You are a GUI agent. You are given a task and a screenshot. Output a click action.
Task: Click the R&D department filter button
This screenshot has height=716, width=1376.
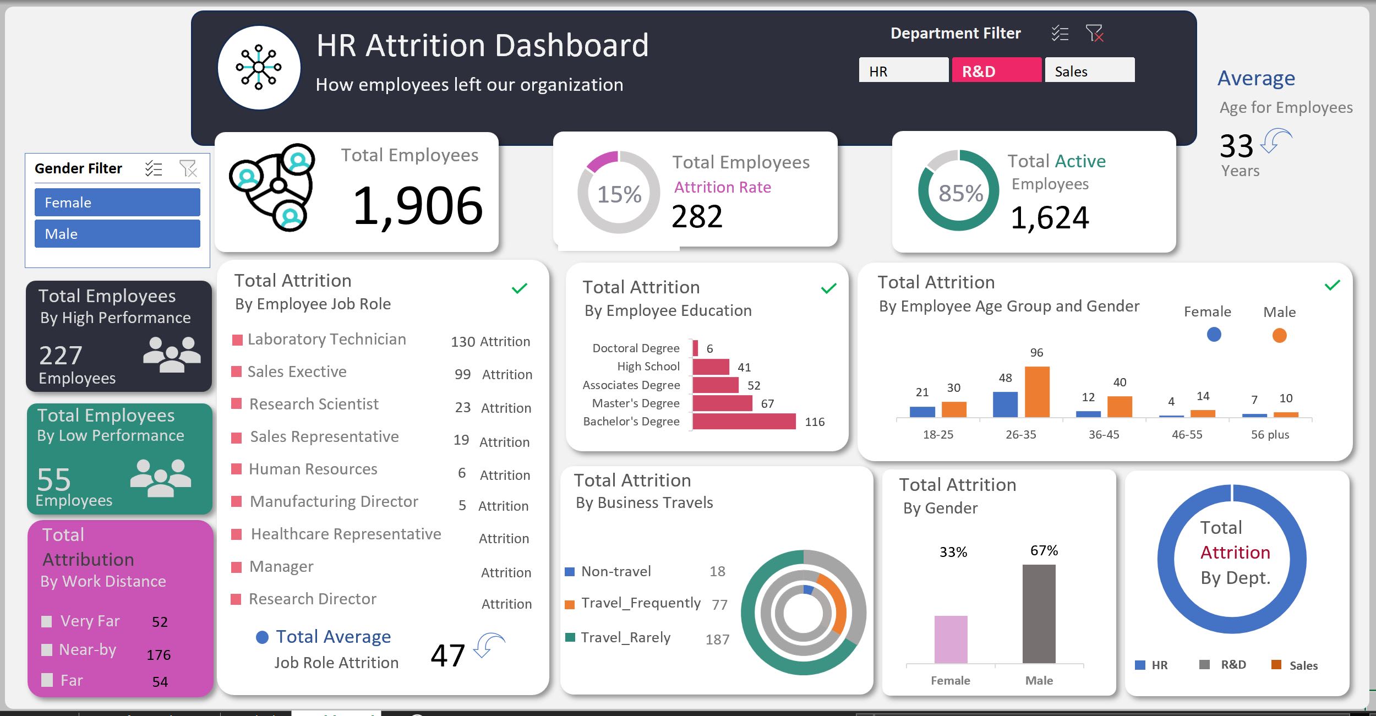(x=996, y=70)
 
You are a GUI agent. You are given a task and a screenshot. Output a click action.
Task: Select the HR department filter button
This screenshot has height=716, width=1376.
(x=903, y=70)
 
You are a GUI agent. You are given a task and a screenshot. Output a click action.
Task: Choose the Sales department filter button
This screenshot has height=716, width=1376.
(x=1089, y=70)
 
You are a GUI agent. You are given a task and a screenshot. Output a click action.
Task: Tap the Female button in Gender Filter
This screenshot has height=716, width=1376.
(x=117, y=203)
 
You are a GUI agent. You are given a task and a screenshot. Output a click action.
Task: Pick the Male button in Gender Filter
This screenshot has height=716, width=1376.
(x=117, y=234)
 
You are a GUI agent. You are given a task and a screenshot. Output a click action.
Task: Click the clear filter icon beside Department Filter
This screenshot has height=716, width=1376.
(x=1094, y=34)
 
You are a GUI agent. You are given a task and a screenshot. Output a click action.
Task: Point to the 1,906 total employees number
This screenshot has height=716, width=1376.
(x=417, y=206)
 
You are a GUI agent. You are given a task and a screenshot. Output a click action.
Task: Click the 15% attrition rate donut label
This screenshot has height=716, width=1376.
(x=619, y=194)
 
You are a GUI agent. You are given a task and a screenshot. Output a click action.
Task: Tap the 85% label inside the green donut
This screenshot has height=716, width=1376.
(x=960, y=193)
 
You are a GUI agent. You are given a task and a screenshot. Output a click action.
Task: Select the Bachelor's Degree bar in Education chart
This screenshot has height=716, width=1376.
(x=744, y=422)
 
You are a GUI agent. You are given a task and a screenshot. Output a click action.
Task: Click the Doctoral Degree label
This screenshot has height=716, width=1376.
(x=636, y=348)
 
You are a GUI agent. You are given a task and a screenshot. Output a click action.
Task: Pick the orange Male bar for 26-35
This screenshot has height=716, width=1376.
(x=1037, y=392)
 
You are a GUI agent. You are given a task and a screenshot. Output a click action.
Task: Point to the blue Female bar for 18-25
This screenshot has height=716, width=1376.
(x=922, y=412)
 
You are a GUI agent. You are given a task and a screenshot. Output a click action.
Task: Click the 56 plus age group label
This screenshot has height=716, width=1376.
(x=1270, y=435)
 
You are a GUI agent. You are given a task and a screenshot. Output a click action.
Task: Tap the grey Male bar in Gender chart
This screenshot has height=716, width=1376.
(x=1039, y=614)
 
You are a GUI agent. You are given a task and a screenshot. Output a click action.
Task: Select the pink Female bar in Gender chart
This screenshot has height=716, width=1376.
(x=951, y=640)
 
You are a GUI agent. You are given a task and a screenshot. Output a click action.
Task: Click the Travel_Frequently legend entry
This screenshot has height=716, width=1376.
(x=641, y=603)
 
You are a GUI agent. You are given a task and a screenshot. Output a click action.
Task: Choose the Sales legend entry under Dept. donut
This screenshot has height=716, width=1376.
(x=1303, y=665)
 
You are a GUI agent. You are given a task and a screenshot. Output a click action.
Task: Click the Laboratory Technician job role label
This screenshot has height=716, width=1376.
(x=326, y=340)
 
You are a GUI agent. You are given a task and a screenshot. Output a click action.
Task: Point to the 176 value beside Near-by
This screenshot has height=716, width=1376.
(x=159, y=655)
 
